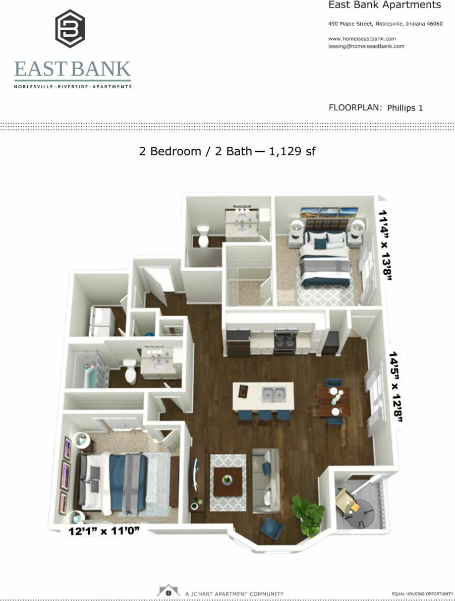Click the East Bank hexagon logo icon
click(70, 28)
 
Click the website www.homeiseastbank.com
click(362, 38)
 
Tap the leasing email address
click(366, 46)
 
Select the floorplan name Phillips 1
click(405, 107)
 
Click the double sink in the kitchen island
click(273, 394)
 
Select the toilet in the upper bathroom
click(203, 235)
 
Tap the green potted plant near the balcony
click(308, 514)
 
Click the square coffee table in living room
click(227, 481)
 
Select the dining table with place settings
click(334, 401)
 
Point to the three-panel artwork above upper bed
click(329, 212)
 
